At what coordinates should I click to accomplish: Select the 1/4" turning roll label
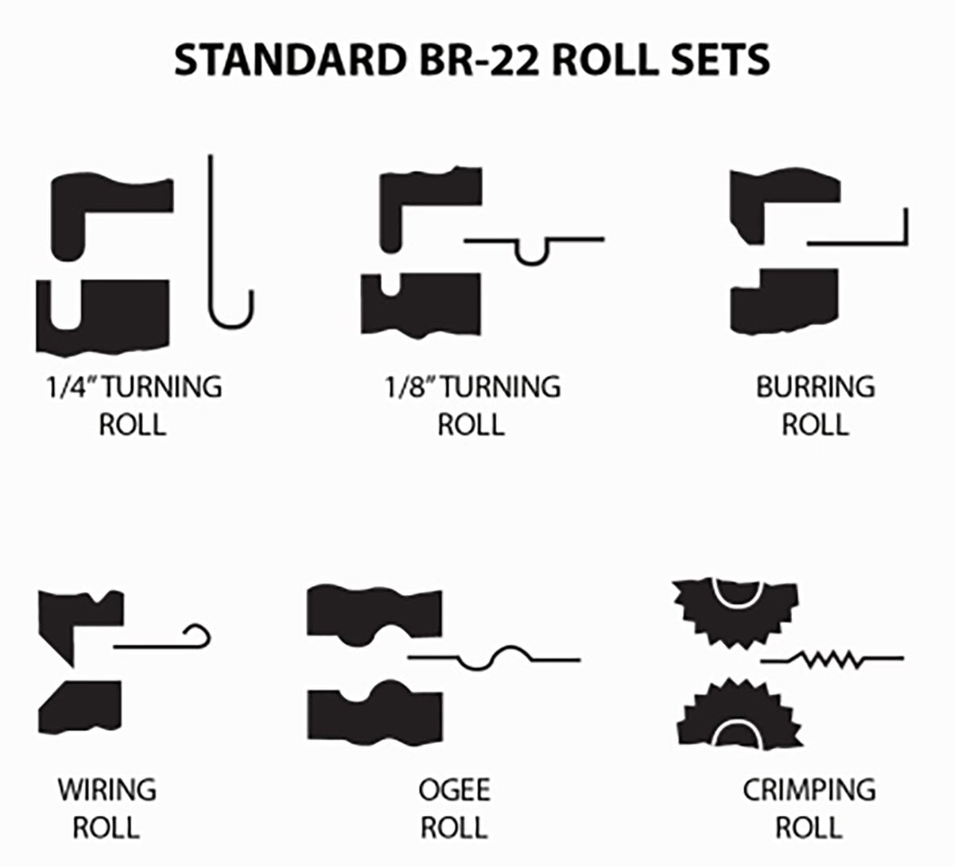tap(132, 405)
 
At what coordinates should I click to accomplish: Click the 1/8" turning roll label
tap(471, 405)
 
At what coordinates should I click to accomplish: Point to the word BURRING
tap(815, 387)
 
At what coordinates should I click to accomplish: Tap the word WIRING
tap(107, 790)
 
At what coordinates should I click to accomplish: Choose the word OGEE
tap(454, 790)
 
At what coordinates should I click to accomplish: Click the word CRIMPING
tap(809, 790)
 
